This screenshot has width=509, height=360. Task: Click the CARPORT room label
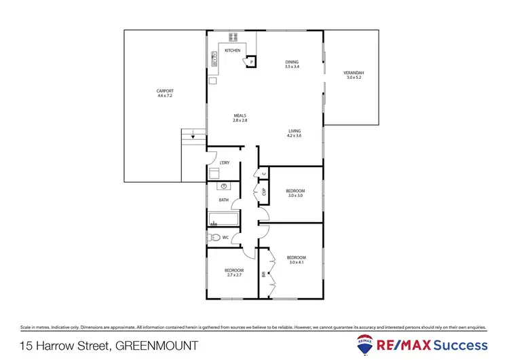165,91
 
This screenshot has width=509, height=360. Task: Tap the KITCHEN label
233,50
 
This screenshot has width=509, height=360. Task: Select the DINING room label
292,62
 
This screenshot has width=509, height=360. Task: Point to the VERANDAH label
354,73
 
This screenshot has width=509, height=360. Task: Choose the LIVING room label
294,131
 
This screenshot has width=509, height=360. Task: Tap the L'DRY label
225,162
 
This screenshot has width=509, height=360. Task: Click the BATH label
223,200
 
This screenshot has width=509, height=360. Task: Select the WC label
226,237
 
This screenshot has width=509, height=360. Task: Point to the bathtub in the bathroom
223,219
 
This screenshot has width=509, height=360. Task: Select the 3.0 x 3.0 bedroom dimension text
295,196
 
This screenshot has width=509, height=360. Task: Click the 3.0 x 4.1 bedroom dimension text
296,262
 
